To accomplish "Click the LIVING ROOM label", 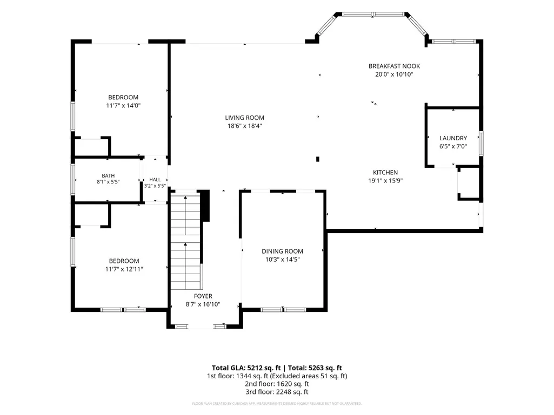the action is click(244, 118).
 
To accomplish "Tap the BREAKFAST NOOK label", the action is click(395, 66).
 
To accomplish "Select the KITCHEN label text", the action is click(385, 173).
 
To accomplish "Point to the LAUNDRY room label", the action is click(453, 138).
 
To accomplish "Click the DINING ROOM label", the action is click(282, 251).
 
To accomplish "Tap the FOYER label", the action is click(203, 296).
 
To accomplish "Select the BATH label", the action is click(108, 176).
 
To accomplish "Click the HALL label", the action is click(155, 180).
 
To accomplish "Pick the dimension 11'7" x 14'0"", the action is click(123, 106).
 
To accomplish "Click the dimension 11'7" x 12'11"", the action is click(124, 269).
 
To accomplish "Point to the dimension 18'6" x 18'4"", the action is click(244, 126).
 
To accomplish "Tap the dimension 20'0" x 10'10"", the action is click(395, 74).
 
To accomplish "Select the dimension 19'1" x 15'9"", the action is click(385, 181).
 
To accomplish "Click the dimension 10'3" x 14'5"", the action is click(282, 260).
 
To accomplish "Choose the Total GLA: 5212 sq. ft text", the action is click(246, 368).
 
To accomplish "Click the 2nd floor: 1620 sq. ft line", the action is click(277, 384).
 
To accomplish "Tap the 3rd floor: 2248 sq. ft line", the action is click(277, 392).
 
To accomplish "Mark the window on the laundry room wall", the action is click(481, 143).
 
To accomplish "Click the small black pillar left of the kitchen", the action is click(318, 159).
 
